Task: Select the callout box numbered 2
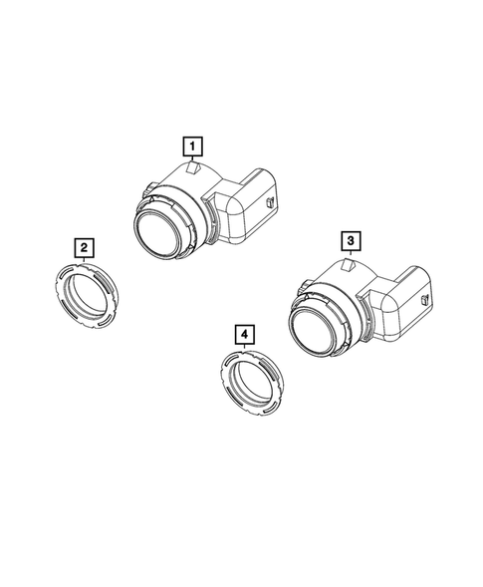(x=87, y=246)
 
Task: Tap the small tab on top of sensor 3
(x=349, y=265)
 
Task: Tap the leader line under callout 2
(x=86, y=257)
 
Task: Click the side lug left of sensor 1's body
(x=147, y=186)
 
